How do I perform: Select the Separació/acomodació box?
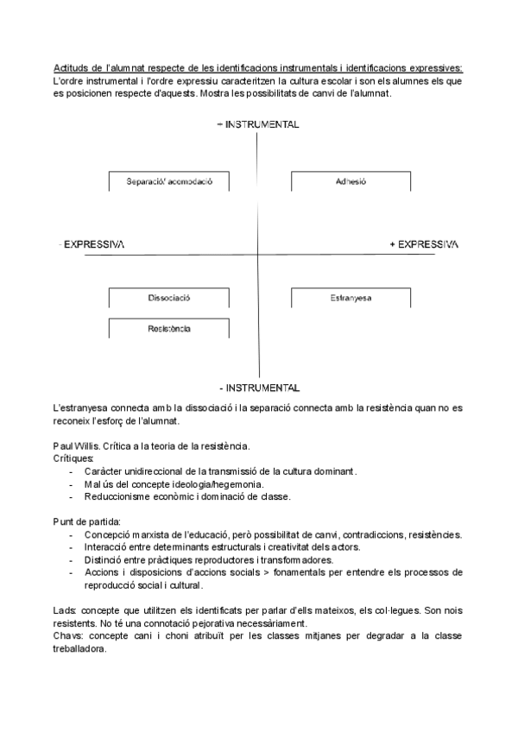(169, 182)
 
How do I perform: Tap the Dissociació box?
(169, 298)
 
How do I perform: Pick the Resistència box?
(169, 329)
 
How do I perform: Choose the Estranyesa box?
(351, 298)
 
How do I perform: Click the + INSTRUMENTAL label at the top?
(258, 124)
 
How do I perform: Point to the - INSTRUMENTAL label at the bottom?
(259, 387)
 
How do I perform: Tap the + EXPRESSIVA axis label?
(424, 245)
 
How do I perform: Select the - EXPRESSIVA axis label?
(91, 245)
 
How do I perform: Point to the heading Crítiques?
(73, 458)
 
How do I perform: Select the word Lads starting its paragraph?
(65, 610)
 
